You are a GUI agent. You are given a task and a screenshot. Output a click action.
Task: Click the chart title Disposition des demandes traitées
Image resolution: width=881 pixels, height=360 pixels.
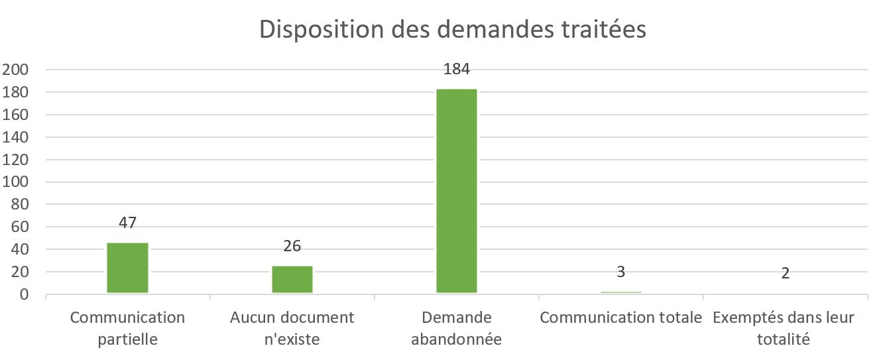click(x=452, y=30)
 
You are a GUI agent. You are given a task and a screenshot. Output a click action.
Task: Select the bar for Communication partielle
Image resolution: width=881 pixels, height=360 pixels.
click(x=127, y=268)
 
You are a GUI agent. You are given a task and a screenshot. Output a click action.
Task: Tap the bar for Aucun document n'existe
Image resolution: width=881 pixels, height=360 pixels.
click(x=292, y=279)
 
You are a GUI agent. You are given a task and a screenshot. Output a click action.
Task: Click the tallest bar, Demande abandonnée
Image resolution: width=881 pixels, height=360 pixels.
click(x=457, y=191)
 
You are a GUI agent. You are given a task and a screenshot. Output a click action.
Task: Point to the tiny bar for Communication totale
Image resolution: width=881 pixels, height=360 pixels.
click(x=621, y=292)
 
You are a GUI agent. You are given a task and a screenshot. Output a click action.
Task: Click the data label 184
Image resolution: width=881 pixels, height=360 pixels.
click(x=457, y=68)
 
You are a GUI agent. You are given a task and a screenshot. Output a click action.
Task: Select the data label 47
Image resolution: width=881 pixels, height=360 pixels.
click(x=127, y=222)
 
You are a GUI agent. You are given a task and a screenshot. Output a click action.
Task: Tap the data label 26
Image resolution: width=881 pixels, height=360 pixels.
click(x=292, y=246)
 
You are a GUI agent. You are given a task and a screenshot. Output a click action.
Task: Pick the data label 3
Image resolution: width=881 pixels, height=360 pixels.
click(x=621, y=272)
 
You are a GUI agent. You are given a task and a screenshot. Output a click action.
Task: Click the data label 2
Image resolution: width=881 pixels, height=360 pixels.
click(x=786, y=273)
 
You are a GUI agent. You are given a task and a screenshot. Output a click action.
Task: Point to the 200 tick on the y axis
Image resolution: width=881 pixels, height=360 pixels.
click(x=18, y=70)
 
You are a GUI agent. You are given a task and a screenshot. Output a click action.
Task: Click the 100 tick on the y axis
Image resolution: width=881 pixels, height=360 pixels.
click(x=18, y=182)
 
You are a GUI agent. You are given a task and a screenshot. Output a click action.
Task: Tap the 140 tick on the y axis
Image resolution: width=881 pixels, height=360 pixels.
click(x=18, y=137)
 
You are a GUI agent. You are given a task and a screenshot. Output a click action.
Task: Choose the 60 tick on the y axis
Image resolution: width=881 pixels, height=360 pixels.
click(x=22, y=227)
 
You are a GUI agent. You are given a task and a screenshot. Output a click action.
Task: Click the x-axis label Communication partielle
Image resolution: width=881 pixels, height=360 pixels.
click(x=127, y=328)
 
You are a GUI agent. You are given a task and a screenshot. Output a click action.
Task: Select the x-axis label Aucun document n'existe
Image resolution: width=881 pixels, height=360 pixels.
click(x=292, y=328)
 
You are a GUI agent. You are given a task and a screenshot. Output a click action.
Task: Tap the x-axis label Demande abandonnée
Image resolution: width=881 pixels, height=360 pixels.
click(x=457, y=328)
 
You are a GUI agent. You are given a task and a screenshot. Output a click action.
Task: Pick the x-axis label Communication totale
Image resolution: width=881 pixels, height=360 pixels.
click(x=621, y=318)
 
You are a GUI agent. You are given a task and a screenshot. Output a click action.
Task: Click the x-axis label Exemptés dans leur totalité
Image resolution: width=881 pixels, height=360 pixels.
click(x=784, y=328)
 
